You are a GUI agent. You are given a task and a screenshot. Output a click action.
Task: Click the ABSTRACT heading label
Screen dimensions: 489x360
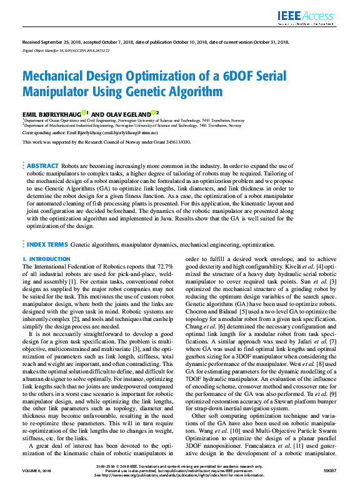42,165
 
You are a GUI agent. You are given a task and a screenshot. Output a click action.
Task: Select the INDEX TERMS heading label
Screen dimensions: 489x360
47,245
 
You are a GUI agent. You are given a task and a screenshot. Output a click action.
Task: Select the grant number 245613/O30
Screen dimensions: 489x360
176,142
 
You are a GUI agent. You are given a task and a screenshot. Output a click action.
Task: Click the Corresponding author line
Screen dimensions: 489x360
90,133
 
